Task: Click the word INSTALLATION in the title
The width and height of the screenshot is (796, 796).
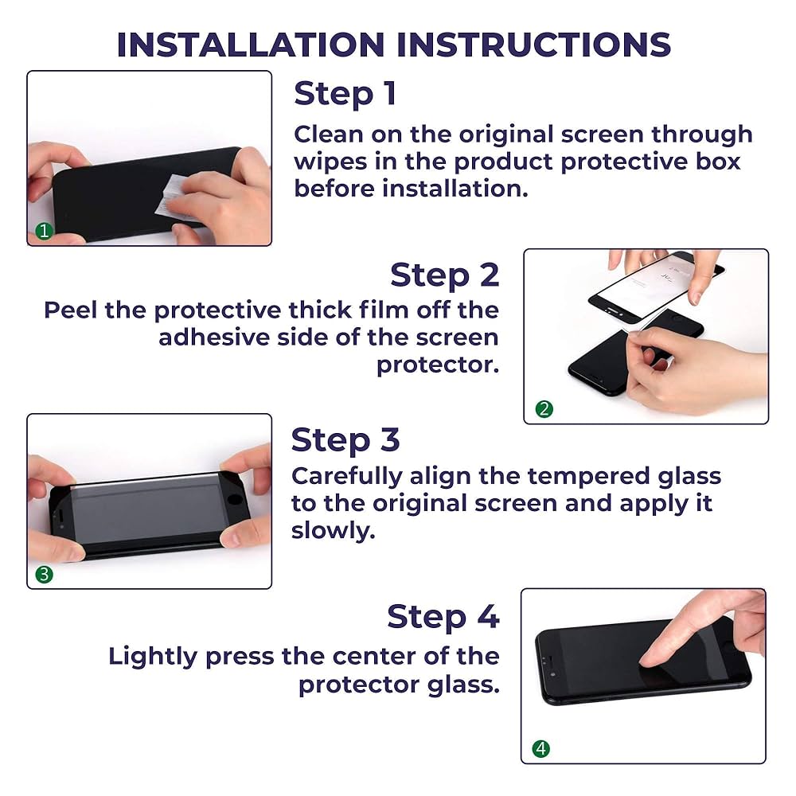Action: pos(250,45)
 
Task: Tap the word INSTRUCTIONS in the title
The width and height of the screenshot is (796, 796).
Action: pos(533,45)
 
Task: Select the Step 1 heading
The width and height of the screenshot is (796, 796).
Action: pos(345,95)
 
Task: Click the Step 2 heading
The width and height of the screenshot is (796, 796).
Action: pos(445,275)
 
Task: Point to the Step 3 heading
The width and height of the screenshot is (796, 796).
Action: pos(345,440)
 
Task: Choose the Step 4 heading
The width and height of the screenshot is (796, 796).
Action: pos(443,618)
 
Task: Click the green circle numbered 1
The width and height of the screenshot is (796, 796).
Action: pos(44,231)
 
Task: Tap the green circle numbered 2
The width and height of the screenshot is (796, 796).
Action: pos(544,408)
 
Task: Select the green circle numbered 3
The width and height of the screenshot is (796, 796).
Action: pos(44,574)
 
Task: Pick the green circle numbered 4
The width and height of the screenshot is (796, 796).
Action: pos(541,748)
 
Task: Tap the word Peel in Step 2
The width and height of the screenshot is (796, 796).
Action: pos(70,310)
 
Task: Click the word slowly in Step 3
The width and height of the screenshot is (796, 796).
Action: pos(333,531)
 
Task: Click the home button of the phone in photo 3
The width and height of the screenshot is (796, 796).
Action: pos(235,500)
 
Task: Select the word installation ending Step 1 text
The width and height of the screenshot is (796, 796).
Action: pos(455,189)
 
